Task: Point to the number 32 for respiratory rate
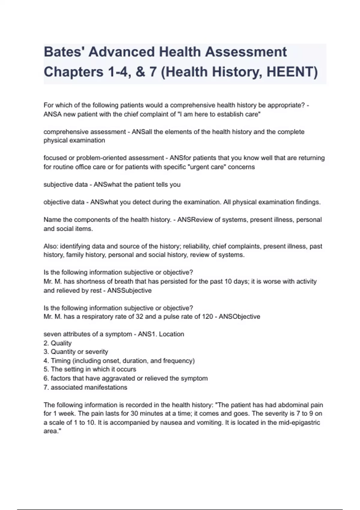(139, 316)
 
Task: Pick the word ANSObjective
(239, 316)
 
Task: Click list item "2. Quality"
(58, 343)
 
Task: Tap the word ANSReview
(195, 220)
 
